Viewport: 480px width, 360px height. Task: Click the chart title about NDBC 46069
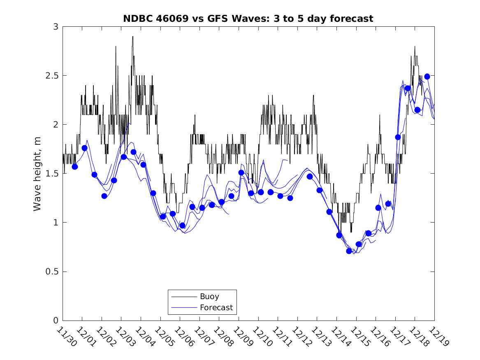[248, 19]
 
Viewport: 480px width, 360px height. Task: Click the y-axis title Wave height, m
[37, 174]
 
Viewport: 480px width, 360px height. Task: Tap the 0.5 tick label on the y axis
[52, 272]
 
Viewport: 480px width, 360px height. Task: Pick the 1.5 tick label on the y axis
[52, 174]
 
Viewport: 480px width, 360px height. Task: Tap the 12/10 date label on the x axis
[261, 337]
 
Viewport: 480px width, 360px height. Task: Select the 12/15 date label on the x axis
[359, 337]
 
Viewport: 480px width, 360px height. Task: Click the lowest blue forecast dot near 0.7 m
[349, 251]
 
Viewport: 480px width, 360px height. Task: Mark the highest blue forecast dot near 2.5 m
[427, 77]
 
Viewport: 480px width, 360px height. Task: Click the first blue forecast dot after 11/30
[75, 167]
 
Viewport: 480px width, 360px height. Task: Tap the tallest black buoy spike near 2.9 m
[132, 37]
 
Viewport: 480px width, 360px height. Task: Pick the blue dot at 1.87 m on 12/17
[398, 137]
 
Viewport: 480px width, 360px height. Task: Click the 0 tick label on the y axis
[56, 321]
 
